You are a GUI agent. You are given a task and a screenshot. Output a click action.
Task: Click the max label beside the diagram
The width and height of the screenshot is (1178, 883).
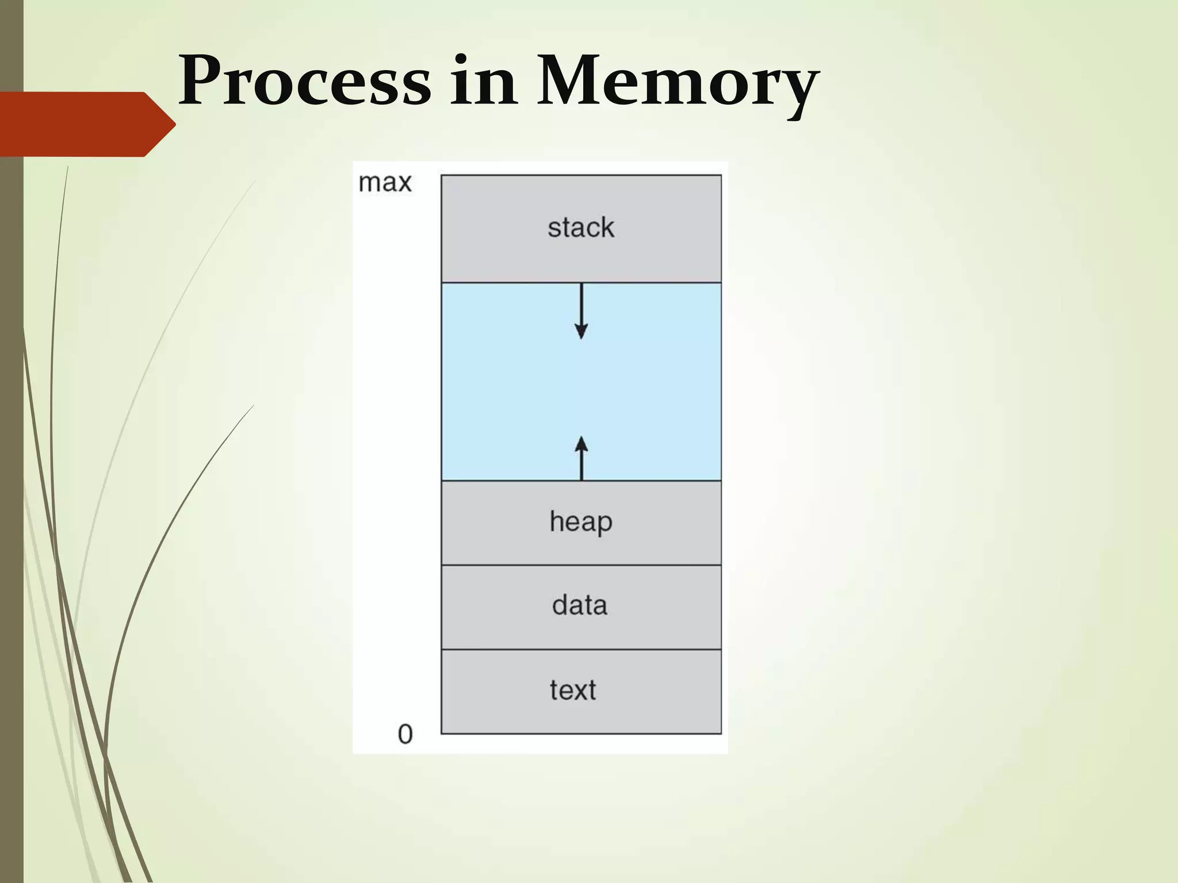point(385,183)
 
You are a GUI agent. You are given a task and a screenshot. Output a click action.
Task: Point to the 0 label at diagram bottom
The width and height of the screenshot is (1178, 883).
point(405,734)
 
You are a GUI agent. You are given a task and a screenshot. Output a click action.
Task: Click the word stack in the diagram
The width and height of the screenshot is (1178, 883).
point(581,228)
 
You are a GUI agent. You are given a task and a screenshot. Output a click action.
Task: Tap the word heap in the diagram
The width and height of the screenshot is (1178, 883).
point(581,522)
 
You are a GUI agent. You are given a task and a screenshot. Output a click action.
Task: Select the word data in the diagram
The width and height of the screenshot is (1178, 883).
point(580,605)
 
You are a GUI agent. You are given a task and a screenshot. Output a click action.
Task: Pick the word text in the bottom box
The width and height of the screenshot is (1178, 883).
point(573,690)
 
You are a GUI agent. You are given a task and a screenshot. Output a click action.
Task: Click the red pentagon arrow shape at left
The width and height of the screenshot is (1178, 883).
point(81,124)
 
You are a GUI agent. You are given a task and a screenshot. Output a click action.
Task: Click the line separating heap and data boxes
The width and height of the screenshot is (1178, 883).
point(581,565)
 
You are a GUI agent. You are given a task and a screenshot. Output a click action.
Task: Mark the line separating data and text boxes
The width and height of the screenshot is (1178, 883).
point(581,650)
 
